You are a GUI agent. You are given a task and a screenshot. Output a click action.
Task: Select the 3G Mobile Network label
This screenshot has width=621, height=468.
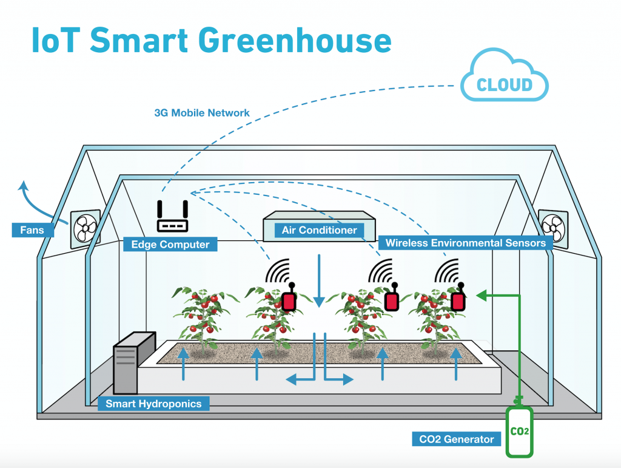pyautogui.click(x=203, y=113)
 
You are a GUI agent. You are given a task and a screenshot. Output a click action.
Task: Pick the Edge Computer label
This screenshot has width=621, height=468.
pyautogui.click(x=170, y=245)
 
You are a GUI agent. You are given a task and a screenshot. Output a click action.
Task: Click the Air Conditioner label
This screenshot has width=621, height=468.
pyautogui.click(x=319, y=231)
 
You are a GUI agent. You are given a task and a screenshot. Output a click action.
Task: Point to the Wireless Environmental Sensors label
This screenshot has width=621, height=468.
pyautogui.click(x=465, y=243)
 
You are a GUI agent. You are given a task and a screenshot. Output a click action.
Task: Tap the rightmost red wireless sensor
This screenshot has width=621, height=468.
pyautogui.click(x=458, y=300)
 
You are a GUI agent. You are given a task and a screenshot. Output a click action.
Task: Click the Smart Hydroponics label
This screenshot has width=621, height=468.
pyautogui.click(x=153, y=403)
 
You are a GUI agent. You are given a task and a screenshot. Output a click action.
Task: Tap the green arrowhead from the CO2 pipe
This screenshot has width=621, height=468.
pyautogui.click(x=482, y=296)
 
